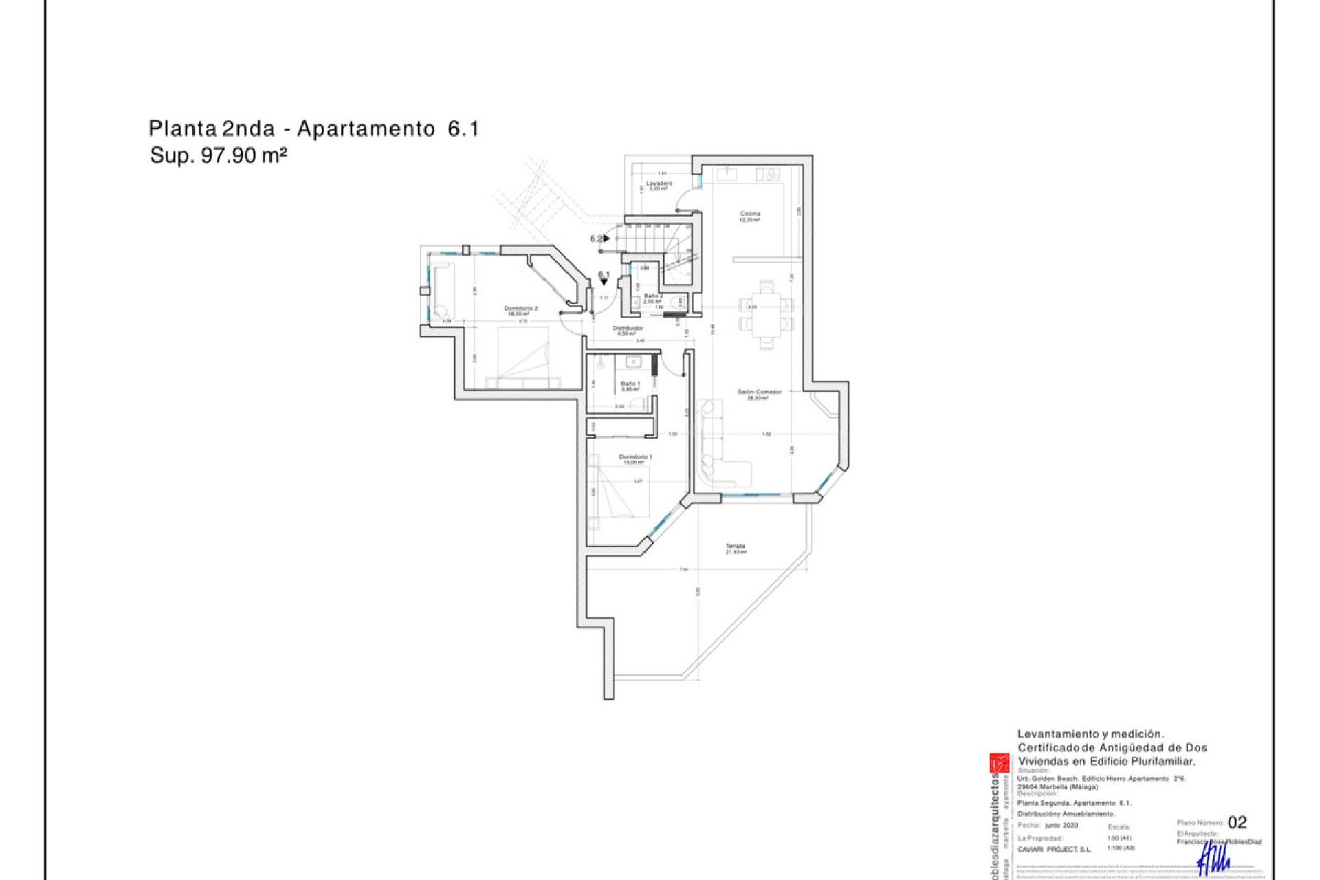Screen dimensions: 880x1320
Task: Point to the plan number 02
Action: click(1237, 822)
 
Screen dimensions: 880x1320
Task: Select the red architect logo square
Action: click(999, 763)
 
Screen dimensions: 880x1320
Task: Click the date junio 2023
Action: click(1061, 825)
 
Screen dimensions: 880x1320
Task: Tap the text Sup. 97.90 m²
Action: click(218, 155)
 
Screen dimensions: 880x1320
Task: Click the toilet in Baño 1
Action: click(641, 404)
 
